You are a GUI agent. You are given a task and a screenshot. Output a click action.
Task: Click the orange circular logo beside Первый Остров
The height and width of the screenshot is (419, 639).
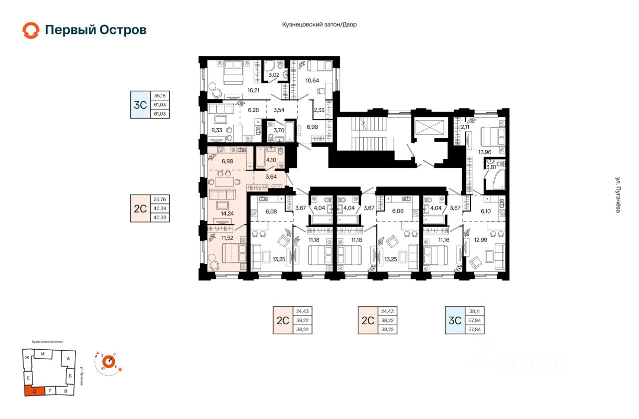[x=31, y=30]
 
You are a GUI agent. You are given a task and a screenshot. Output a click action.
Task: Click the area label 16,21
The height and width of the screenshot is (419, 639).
[x=253, y=90]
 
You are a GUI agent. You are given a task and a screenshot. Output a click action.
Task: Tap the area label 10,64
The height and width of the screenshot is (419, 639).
[x=312, y=81]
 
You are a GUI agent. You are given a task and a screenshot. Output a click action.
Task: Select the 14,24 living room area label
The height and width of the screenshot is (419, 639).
[x=227, y=213]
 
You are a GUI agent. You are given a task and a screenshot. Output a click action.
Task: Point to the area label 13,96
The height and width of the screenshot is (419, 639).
[x=485, y=152]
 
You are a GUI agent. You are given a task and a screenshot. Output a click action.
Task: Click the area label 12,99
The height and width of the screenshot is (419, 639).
[x=481, y=240]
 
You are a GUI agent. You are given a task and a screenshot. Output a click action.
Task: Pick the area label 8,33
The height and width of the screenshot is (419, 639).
[x=217, y=130]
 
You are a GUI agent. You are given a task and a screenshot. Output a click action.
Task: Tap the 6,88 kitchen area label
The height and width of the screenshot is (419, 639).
[x=227, y=161]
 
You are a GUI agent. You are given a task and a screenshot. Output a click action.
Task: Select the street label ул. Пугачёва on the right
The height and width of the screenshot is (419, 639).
[x=618, y=195]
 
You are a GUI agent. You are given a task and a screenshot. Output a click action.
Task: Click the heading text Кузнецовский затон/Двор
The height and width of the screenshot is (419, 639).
[x=319, y=24]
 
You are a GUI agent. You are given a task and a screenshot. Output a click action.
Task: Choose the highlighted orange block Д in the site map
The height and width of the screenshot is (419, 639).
[x=34, y=391]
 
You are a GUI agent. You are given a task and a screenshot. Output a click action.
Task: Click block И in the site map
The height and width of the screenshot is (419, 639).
[x=43, y=354]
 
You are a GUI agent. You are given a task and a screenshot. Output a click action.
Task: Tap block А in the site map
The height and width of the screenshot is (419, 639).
[x=68, y=359]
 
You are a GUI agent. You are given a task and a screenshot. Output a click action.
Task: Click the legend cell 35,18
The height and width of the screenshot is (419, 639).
[x=160, y=96]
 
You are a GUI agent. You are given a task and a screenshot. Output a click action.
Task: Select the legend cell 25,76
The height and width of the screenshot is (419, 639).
[x=160, y=200]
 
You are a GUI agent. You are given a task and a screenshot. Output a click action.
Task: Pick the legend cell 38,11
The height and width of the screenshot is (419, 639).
[x=474, y=312]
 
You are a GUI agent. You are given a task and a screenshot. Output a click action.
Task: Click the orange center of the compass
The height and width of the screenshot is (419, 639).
[x=109, y=362]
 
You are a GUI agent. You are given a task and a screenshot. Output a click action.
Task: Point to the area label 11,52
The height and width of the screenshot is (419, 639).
[x=227, y=238]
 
